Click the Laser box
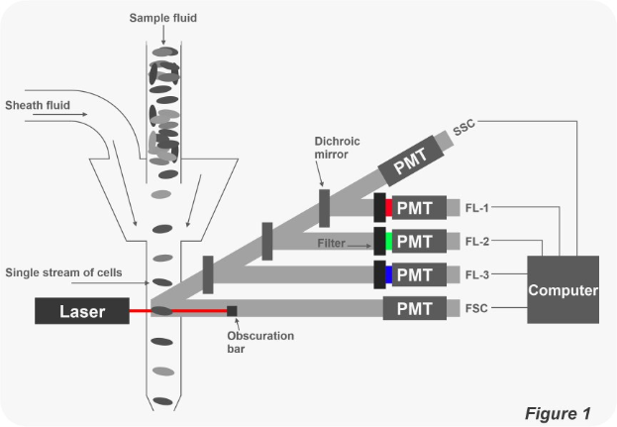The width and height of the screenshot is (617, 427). click(82, 311)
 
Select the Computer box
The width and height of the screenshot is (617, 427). click(564, 289)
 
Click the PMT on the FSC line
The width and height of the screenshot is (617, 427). click(414, 309)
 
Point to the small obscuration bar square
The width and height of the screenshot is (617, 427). click(233, 311)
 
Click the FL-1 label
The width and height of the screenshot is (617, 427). click(477, 208)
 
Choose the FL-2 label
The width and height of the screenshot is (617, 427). click(477, 241)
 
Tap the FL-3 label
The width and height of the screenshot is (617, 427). click(477, 274)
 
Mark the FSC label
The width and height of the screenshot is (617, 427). click(476, 309)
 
